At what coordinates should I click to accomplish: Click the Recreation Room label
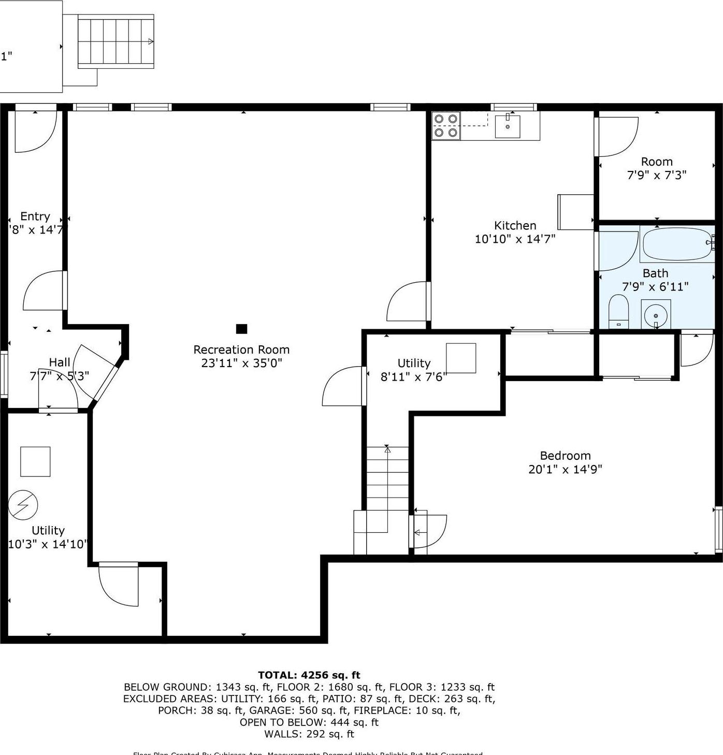coord(241,350)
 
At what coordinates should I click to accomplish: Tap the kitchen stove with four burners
coord(446,126)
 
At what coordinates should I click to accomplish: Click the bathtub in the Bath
coord(676,244)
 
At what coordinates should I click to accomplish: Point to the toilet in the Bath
coord(618,312)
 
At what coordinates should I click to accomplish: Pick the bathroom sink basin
coord(656,314)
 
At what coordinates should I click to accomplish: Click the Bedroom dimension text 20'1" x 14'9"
coord(565,469)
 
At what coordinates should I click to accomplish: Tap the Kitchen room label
coord(515,225)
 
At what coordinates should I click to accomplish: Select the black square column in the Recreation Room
coord(241,329)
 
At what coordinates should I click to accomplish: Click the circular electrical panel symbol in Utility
coord(23,504)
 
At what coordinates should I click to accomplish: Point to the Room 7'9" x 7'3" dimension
coord(657,175)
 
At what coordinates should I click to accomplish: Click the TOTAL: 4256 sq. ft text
coord(309,675)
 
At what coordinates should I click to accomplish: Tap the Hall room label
coord(60,362)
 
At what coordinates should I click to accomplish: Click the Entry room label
coord(35,216)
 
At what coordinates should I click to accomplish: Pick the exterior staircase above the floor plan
coord(115,41)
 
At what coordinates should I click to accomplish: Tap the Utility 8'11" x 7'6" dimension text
coord(413,376)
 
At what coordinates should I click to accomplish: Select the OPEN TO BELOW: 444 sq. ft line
coord(309,722)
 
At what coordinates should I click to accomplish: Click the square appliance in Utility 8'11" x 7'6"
coord(461,358)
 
